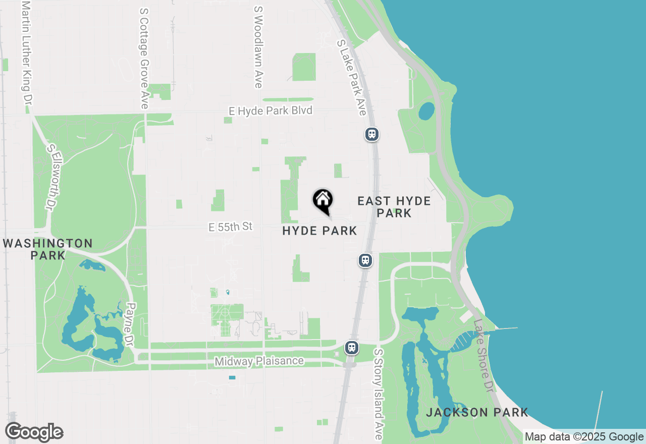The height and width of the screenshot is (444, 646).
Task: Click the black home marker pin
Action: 323,201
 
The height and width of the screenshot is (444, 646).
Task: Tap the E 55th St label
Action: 230,227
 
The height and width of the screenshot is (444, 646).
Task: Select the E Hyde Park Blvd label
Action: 271,110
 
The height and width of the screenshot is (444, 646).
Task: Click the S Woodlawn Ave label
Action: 258,46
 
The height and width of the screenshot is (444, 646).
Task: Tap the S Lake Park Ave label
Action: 351,78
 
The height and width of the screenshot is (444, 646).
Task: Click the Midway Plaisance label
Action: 259,361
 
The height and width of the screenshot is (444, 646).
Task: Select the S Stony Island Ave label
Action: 379,394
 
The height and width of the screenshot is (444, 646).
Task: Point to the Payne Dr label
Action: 131,324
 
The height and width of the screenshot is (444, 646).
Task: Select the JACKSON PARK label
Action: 477,412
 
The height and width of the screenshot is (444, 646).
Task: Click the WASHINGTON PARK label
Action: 48,249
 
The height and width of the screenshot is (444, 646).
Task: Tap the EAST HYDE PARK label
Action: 394,207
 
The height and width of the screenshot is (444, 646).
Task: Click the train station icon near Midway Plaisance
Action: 351,348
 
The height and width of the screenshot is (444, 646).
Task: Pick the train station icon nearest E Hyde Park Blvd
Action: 372,134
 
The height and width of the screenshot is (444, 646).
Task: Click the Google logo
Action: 34,432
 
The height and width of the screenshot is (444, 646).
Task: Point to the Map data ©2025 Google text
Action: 584,437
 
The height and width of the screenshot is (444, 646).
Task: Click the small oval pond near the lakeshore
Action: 426,111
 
